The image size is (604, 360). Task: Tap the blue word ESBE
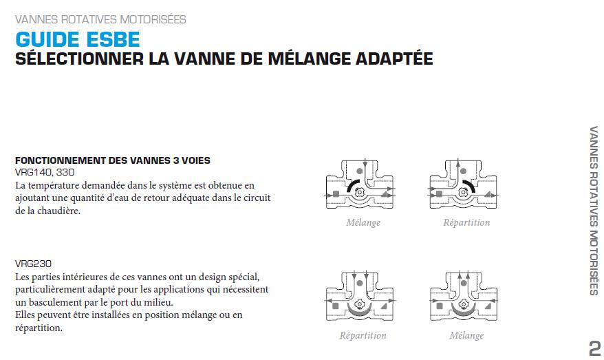click(x=114, y=39)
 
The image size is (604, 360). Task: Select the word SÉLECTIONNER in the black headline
click(x=79, y=59)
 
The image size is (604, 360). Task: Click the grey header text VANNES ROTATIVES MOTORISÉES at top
click(x=100, y=19)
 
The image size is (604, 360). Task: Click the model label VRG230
click(x=33, y=264)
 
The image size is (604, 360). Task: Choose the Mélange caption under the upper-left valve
click(x=363, y=222)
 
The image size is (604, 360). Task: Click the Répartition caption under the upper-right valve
click(x=466, y=222)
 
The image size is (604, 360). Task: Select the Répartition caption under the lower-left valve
click(x=363, y=335)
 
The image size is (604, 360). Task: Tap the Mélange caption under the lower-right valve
click(x=466, y=335)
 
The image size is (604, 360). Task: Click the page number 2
click(x=595, y=348)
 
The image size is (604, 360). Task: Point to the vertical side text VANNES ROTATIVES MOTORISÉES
click(x=594, y=211)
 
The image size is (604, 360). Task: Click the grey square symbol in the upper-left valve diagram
click(x=336, y=194)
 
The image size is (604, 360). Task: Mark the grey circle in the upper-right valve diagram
click(x=464, y=171)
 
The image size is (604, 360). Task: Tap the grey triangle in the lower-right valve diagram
click(x=488, y=306)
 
